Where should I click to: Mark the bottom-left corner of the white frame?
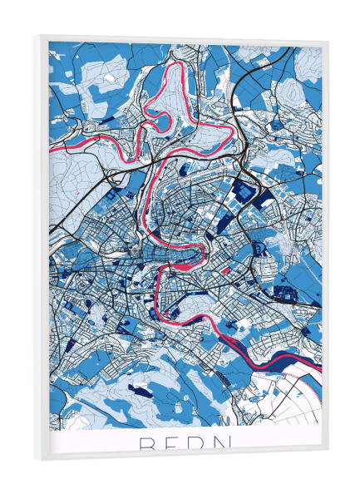click(x=35, y=459)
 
